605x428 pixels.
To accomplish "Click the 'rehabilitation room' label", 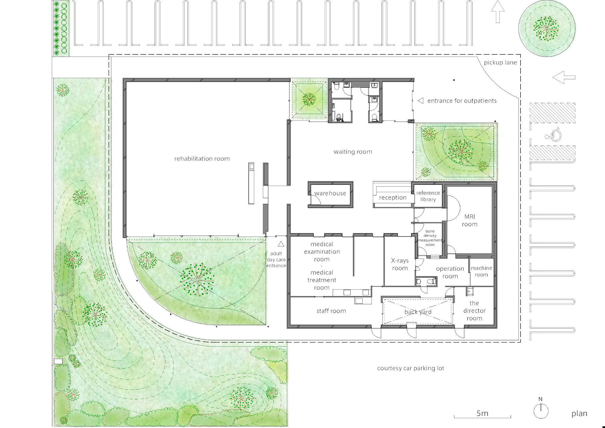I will (x=202, y=158).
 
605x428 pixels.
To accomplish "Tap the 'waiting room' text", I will (x=353, y=152).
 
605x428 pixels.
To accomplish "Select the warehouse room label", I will (x=330, y=193).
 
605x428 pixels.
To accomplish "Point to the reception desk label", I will (x=393, y=198).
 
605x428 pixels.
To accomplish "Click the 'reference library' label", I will (x=428, y=196).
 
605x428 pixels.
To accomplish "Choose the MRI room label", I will (x=469, y=220).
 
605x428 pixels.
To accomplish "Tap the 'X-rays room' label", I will (x=400, y=264).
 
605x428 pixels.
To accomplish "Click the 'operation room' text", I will (x=450, y=272).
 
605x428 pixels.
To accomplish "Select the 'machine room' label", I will (x=481, y=271).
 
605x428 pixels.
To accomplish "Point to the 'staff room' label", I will (x=331, y=311).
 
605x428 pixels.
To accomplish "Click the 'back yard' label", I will (x=418, y=312).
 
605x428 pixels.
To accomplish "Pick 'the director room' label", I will (x=474, y=311).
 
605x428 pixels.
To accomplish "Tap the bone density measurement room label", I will (x=430, y=238).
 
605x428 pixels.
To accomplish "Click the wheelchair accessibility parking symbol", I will (x=553, y=134).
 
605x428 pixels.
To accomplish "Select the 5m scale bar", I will (x=482, y=416).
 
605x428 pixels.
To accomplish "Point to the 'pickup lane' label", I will (x=500, y=63).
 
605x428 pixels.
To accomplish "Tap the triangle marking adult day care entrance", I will (x=281, y=244).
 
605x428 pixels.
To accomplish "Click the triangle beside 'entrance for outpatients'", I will (x=420, y=101).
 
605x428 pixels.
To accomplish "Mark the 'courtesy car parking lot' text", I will (x=410, y=368).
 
